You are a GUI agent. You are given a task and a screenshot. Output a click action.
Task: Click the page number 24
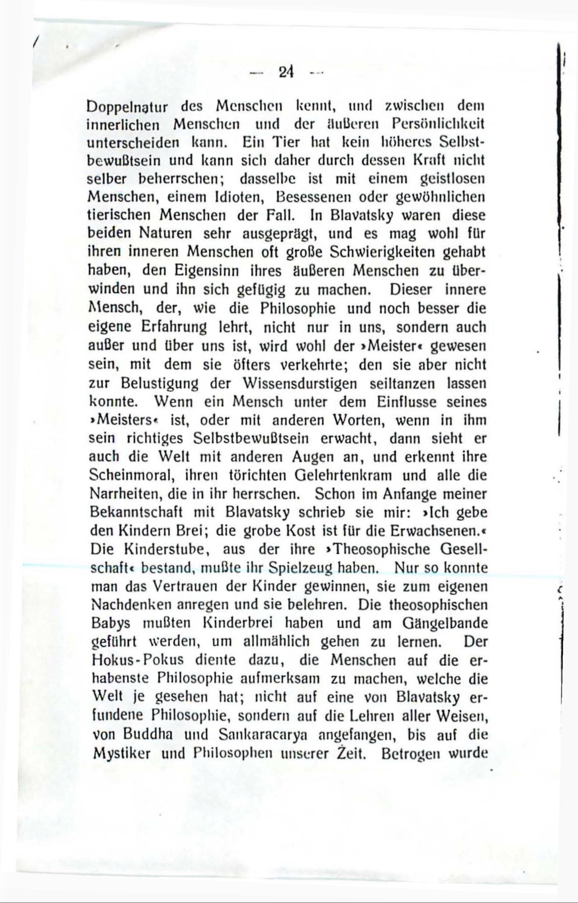[286, 72]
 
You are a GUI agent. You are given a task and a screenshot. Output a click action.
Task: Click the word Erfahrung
[174, 327]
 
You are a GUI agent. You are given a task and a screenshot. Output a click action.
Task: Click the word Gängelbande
[445, 623]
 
